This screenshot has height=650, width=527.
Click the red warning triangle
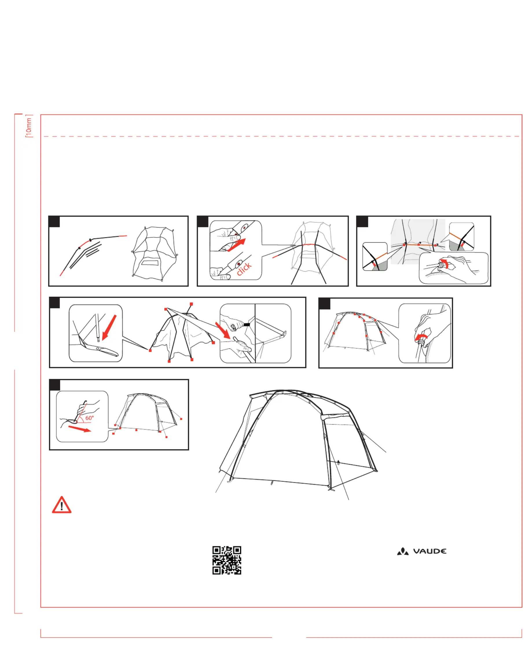[x=62, y=506]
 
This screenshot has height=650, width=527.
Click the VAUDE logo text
[x=429, y=551]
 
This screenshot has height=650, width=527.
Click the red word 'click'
[x=244, y=269]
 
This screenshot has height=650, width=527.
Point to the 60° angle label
[x=89, y=418]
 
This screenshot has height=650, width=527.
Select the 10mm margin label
[x=29, y=126]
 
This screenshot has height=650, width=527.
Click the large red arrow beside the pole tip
[x=109, y=327]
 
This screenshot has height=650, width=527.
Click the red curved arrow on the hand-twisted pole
[x=421, y=337]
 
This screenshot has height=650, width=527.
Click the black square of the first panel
[x=54, y=222]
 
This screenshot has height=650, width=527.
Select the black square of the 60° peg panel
[x=55, y=385]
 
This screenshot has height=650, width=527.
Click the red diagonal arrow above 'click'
[x=236, y=245]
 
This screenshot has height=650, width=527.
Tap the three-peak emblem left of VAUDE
[x=403, y=551]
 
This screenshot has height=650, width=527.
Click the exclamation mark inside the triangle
[x=62, y=506]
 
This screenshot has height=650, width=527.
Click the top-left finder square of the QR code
[x=216, y=550]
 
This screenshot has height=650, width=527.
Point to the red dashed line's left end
[x=44, y=136]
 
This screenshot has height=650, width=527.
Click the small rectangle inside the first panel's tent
[x=150, y=262]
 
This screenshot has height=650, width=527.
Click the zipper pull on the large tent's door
[x=339, y=463]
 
